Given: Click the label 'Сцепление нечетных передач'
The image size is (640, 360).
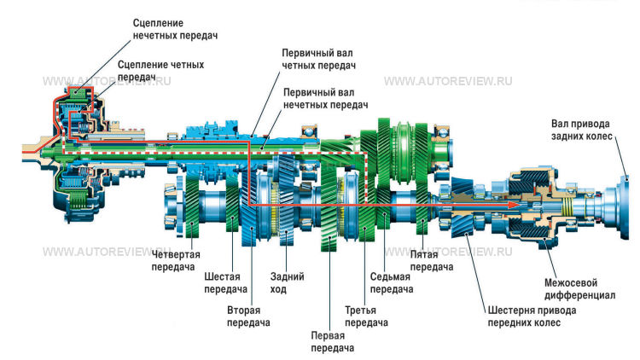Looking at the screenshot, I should pos(175,28).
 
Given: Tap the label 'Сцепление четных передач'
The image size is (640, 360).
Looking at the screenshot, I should pos(160,70).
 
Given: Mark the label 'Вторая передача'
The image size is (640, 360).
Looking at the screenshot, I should pos(248,316).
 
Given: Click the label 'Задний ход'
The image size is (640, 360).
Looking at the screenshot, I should pos(287,282).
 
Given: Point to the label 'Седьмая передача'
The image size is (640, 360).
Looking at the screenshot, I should pos(391,282).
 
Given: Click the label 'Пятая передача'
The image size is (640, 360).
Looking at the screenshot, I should pos(430,260).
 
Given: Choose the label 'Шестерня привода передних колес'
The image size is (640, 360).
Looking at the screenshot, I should pos(531,316).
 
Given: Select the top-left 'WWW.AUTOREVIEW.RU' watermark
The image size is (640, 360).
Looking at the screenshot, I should pos(108,82).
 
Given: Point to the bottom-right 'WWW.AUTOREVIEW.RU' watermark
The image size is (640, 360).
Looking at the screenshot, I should pos(448,253).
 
